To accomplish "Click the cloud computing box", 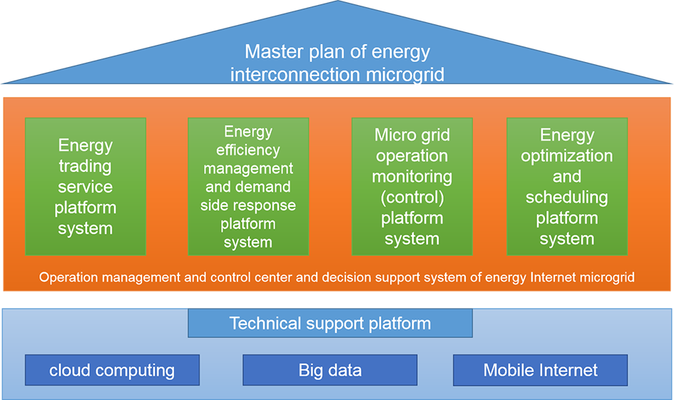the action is coord(112,370).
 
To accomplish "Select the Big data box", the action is coord(330,370).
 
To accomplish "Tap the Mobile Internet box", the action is coord(541,370).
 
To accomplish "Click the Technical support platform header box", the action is coord(330,323).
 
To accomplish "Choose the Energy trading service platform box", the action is coord(86,187).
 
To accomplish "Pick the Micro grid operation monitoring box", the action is coord(412,187).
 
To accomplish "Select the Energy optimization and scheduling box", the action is coord(567,187).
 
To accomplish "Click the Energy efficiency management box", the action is coord(248,187).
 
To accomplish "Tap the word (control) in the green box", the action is coord(412,198).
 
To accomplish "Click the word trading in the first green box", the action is coord(85,166).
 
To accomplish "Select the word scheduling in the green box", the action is coord(566,198).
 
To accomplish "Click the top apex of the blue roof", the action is coord(337,1).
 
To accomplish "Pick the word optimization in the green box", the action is coord(566,156).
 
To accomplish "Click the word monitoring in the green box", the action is coord(412,177).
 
